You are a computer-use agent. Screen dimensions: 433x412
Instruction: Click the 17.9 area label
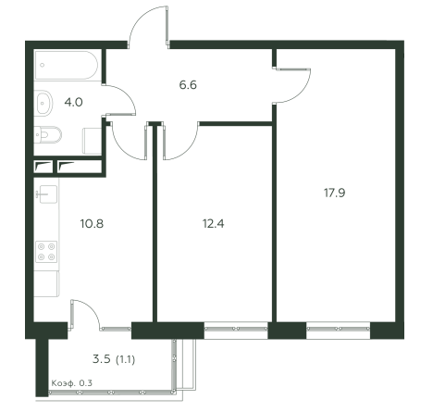334,193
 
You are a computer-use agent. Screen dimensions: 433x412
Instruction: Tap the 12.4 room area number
213,223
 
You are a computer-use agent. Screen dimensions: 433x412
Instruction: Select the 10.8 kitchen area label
92,223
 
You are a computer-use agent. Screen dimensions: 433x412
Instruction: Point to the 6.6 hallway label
188,84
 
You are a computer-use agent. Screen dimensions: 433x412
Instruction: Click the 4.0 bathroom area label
73,102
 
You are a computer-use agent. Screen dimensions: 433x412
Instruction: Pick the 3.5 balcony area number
102,359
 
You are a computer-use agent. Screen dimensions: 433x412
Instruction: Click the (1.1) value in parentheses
125,359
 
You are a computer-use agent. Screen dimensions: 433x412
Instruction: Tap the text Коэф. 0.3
71,383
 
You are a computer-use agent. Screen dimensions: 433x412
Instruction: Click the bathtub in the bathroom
67,65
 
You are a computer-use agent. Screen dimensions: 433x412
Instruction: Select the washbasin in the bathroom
43,103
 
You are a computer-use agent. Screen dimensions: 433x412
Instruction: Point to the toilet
48,134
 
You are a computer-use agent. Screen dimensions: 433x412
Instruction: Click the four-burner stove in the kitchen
46,252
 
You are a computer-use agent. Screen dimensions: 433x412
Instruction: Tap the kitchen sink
46,194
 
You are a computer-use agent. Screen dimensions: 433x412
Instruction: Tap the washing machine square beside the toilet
93,141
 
